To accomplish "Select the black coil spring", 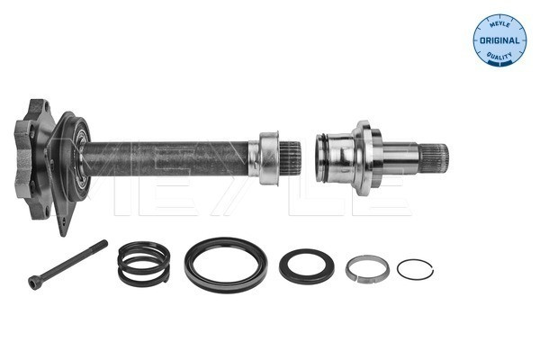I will [143, 263].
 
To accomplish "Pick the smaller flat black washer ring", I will [306, 265].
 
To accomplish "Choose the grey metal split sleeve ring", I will [367, 268].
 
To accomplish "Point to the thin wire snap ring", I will [415, 268].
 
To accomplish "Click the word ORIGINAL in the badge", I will [499, 40].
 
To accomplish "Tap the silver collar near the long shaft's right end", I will [268, 157].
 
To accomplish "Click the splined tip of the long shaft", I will [290, 159].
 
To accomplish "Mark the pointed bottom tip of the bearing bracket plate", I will [63, 229].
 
